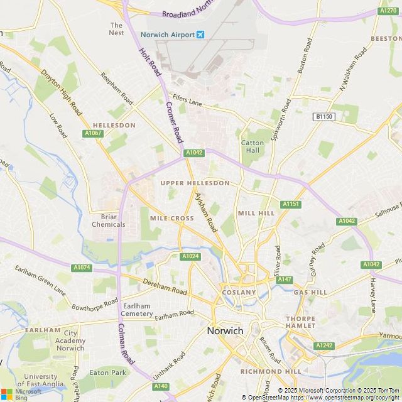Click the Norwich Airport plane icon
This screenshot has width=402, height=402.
(200, 35)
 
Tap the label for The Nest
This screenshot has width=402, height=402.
(117, 29)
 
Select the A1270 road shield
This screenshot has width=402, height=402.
(388, 11)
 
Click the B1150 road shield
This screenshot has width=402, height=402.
(325, 117)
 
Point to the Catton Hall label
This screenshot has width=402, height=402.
(253, 147)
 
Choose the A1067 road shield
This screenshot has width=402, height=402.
(92, 133)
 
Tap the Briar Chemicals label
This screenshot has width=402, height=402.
(109, 220)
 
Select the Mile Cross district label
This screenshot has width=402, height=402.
(171, 219)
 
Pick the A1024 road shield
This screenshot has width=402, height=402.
(190, 256)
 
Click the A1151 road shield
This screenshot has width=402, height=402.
(291, 204)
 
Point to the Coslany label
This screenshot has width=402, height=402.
(239, 293)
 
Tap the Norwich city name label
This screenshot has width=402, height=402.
(225, 330)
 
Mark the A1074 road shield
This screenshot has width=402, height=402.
(82, 268)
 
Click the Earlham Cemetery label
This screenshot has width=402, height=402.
(137, 310)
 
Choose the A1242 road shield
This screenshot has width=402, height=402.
(325, 345)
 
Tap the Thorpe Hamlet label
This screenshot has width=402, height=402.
(300, 322)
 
